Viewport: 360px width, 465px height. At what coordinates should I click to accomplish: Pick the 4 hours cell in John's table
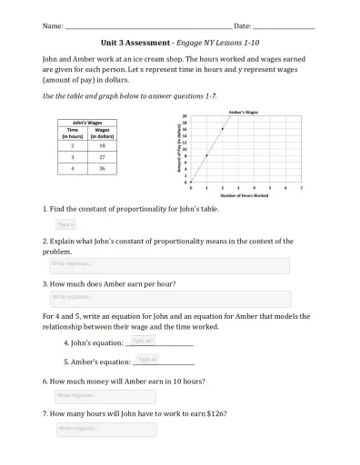(x=72, y=168)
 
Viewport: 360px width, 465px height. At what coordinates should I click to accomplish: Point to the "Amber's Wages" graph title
(x=244, y=112)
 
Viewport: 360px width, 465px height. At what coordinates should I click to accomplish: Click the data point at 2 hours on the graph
(x=222, y=129)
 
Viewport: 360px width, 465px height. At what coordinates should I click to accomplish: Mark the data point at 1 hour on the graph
(x=206, y=155)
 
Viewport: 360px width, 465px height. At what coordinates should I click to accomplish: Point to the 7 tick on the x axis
(x=301, y=187)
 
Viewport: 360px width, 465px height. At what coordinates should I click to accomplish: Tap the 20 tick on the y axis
(x=185, y=116)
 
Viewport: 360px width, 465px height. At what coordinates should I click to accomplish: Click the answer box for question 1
(x=65, y=223)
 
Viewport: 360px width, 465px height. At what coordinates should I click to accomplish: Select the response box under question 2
(x=168, y=264)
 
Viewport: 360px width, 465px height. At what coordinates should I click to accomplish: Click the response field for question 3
(x=168, y=297)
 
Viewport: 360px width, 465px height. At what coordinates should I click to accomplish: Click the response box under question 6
(x=105, y=396)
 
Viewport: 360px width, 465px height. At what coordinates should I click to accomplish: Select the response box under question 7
(x=105, y=428)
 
